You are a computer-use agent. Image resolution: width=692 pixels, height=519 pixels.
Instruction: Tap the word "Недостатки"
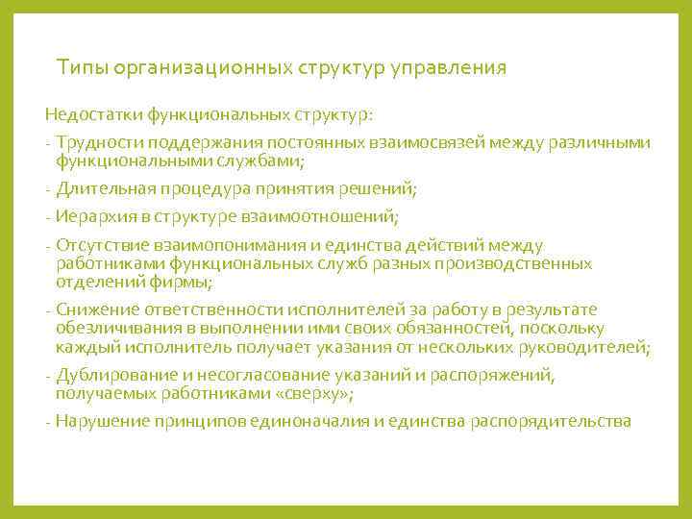point(94,115)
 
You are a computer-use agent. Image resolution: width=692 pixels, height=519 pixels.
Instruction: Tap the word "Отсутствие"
point(100,245)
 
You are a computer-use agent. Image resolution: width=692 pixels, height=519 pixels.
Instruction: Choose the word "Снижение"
point(97,309)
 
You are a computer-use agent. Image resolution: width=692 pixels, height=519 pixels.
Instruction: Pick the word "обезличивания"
point(114,328)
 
